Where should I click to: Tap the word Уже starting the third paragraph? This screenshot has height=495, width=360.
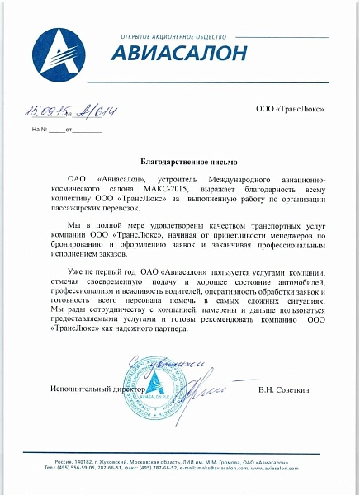point(75,271)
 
